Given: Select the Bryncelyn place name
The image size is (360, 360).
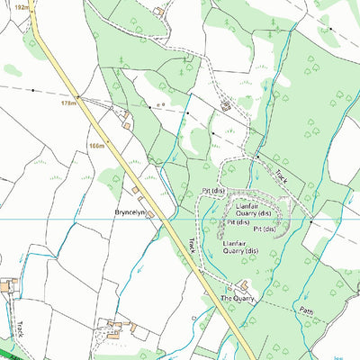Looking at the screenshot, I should coord(130,212).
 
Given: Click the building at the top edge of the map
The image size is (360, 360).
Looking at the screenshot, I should coord(159,12).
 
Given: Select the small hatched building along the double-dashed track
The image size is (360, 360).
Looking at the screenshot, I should coord(225,106).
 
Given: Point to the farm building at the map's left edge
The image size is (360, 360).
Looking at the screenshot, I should coord(7,286).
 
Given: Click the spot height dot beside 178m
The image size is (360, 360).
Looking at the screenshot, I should coord(79,97).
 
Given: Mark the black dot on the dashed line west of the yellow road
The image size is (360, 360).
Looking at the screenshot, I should coord(33,90).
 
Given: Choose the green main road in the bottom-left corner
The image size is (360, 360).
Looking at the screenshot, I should coord(13,351).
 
